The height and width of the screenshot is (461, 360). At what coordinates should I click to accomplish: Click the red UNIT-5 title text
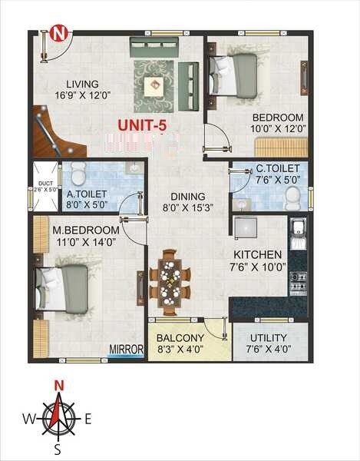click(143, 124)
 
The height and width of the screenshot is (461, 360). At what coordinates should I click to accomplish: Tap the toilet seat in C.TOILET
click(292, 198)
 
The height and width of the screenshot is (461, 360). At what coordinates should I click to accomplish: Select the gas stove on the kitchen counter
click(298, 282)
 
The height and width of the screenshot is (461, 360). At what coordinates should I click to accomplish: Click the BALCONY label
click(180, 338)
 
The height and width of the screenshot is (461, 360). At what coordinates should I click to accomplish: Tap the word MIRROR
click(127, 350)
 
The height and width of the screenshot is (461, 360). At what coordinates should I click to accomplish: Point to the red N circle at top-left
click(59, 34)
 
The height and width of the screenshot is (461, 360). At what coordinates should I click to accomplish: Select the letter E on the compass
click(88, 419)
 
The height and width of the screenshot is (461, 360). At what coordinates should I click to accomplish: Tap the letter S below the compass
click(58, 449)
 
